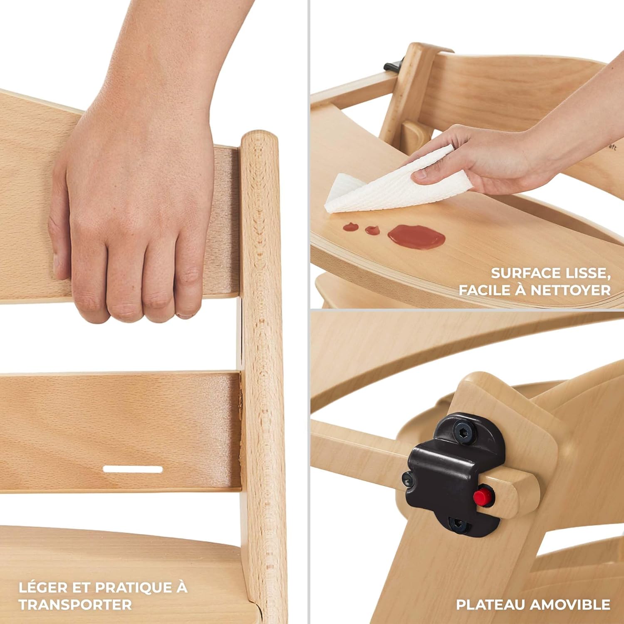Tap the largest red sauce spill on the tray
[x=416, y=237]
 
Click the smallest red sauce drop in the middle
[x=372, y=230]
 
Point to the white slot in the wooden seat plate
[x=133, y=469]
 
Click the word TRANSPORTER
[x=75, y=604]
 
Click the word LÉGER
[x=44, y=587]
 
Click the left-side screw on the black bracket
[x=407, y=480]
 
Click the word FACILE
[x=484, y=290]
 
